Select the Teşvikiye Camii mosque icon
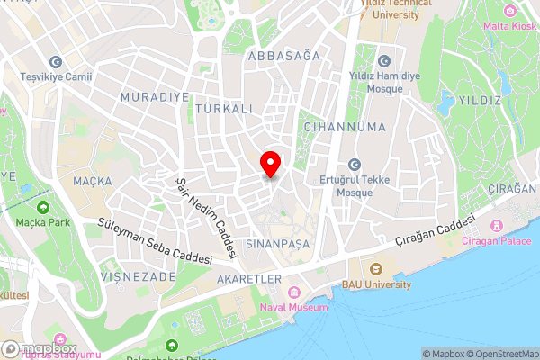click(56, 62)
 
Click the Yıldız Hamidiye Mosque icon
click(384, 62)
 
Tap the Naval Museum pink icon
click(293, 293)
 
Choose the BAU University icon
click(376, 268)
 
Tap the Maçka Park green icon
click(42, 208)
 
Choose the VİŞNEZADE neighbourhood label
click(139, 277)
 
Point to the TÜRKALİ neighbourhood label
click(220, 107)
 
